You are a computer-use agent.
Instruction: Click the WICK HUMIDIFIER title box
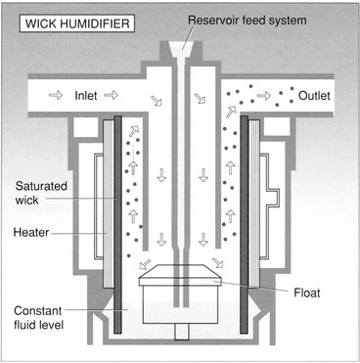77,23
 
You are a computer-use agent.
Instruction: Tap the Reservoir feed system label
247,21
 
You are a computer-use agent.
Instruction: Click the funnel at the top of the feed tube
182,50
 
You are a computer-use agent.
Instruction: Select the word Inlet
86,96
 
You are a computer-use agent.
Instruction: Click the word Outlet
314,96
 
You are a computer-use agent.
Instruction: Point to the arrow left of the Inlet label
56,96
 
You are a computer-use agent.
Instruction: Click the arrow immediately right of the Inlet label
111,95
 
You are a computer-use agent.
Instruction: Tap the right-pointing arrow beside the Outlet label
264,96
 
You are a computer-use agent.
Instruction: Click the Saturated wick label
41,193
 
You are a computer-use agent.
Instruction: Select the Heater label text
31,233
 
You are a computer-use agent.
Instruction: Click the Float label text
307,293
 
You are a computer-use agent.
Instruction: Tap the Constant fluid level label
38,317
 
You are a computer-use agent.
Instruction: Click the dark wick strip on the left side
117,224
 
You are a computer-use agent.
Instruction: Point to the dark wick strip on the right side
244,224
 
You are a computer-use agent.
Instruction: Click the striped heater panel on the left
109,204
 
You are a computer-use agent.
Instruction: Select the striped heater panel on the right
254,204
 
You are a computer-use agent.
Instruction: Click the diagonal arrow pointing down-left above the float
145,264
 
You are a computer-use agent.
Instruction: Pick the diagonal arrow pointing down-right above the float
217,262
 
